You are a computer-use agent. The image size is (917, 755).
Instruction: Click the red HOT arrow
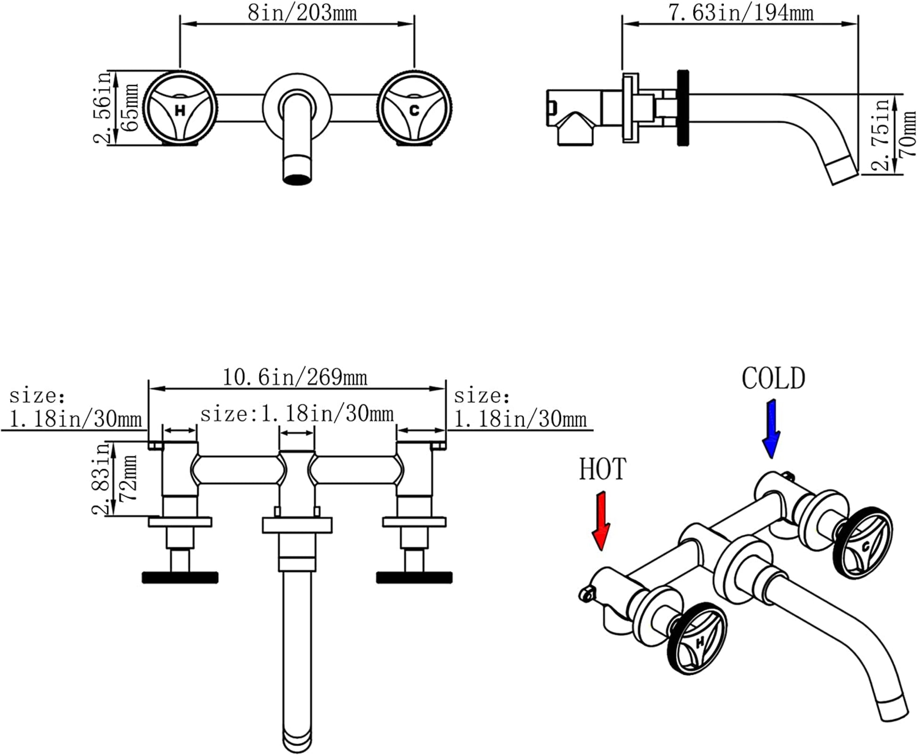click(601, 520)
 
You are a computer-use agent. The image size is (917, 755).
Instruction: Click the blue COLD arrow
click(771, 429)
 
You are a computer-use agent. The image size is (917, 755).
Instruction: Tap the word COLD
click(773, 378)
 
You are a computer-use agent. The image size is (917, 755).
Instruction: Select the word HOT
click(603, 469)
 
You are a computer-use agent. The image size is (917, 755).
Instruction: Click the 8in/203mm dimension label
click(303, 13)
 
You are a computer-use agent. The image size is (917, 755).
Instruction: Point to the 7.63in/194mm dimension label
click(741, 13)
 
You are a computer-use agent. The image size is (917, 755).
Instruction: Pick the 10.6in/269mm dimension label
click(295, 377)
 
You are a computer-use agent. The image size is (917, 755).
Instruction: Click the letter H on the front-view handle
click(180, 111)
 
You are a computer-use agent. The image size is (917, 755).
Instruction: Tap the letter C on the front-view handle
click(414, 110)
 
